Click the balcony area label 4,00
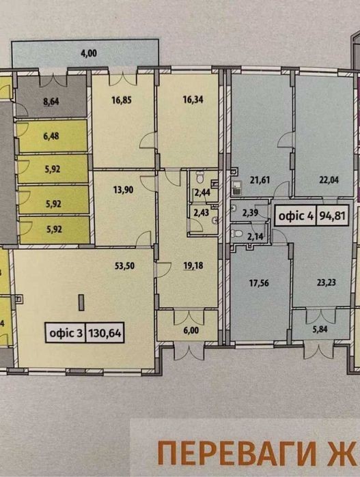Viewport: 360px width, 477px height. click(89, 53)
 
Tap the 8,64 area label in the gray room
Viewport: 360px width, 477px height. click(51, 101)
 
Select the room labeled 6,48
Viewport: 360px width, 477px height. click(51, 136)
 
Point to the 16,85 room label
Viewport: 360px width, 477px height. click(122, 100)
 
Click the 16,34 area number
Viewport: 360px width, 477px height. click(193, 100)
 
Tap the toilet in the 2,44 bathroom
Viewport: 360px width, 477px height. click(200, 177)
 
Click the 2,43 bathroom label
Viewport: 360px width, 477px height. click(202, 212)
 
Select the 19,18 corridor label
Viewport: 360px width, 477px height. click(193, 265)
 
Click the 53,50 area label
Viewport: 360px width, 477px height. click(124, 266)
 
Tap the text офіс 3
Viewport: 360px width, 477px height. click(66, 333)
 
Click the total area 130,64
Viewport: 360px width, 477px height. click(105, 333)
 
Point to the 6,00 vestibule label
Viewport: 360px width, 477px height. click(191, 330)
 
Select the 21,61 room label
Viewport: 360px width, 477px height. click(260, 179)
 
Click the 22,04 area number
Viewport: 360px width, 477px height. click(329, 179)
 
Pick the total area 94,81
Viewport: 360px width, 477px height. click(332, 216)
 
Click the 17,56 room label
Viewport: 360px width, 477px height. click(259, 283)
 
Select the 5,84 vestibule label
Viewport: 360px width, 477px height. click(320, 329)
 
